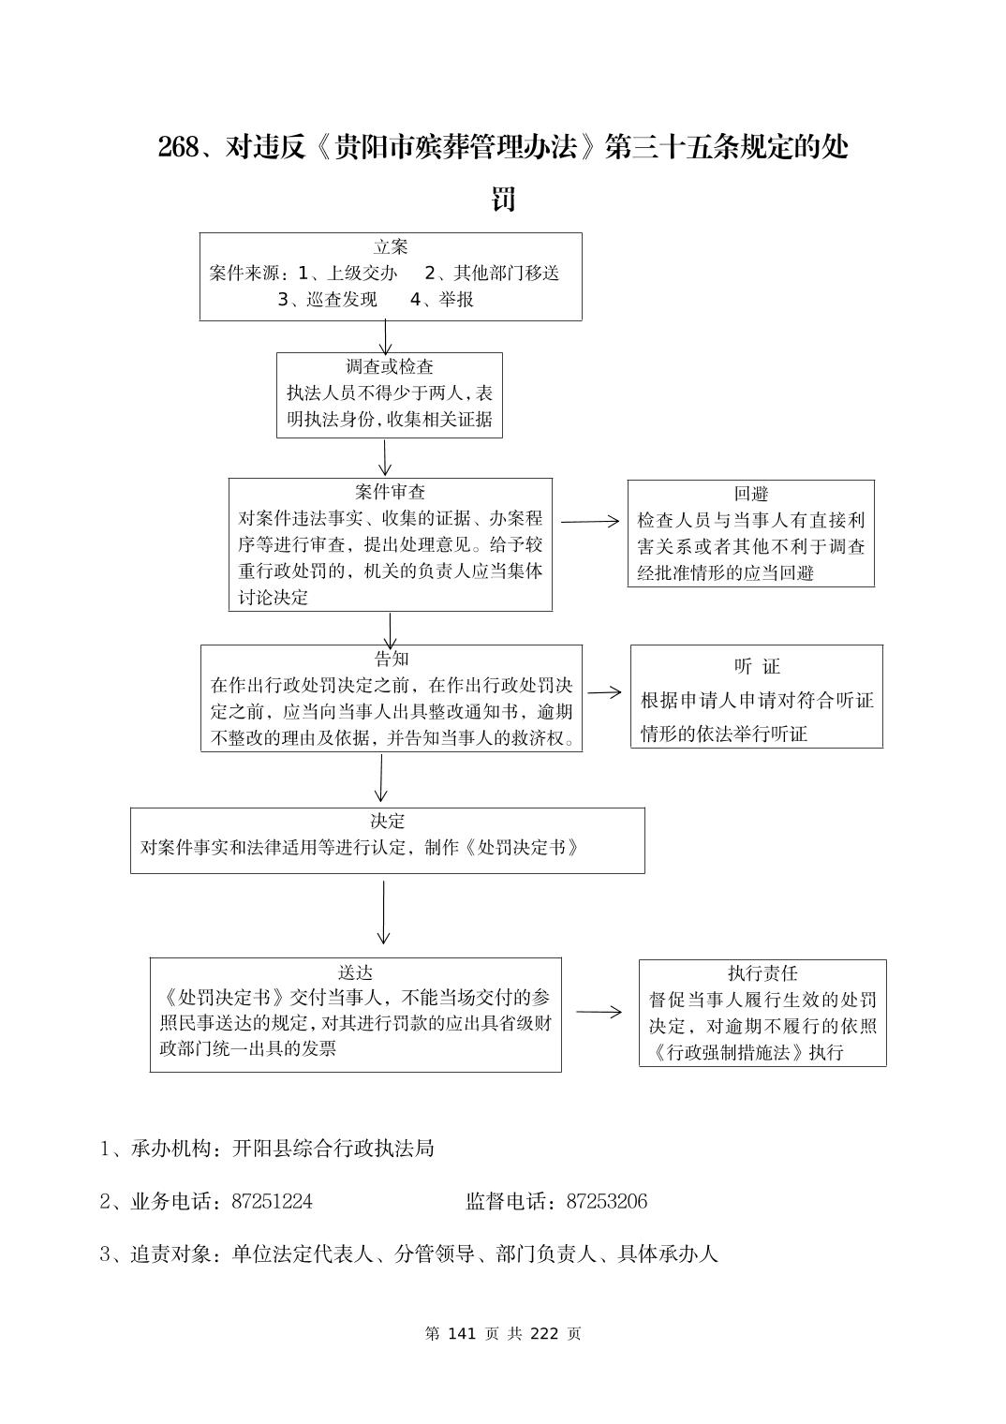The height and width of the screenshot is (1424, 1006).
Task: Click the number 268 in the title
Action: pyautogui.click(x=177, y=148)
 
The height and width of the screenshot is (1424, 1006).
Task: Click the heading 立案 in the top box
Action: pyautogui.click(x=391, y=247)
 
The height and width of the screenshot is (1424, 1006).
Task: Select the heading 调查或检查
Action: pyautogui.click(x=390, y=366)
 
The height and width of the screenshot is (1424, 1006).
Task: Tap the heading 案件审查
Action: pyautogui.click(x=390, y=492)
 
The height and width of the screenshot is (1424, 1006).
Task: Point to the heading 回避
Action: pyautogui.click(x=751, y=494)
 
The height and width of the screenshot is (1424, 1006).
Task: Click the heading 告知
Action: pyautogui.click(x=391, y=659)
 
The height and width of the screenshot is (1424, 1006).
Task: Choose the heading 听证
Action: pyautogui.click(x=757, y=666)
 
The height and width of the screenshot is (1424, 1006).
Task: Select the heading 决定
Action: pyautogui.click(x=387, y=821)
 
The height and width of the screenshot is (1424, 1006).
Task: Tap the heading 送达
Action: pyautogui.click(x=355, y=972)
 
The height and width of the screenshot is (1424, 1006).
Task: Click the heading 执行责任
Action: pyautogui.click(x=762, y=973)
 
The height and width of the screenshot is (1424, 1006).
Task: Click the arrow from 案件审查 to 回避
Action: pyautogui.click(x=590, y=522)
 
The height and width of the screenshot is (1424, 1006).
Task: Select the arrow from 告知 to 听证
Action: pyautogui.click(x=605, y=692)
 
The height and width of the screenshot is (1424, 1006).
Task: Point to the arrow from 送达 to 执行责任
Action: pyautogui.click(x=599, y=1012)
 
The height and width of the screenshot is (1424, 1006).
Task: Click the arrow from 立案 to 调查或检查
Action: pyautogui.click(x=385, y=336)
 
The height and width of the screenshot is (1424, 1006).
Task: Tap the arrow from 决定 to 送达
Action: pyautogui.click(x=383, y=912)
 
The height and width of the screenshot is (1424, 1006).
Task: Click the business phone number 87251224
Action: pyautogui.click(x=272, y=1202)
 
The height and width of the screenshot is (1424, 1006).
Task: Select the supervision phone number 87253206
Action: pyautogui.click(x=607, y=1202)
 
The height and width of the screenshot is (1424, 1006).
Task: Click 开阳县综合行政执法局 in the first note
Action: pyautogui.click(x=333, y=1149)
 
